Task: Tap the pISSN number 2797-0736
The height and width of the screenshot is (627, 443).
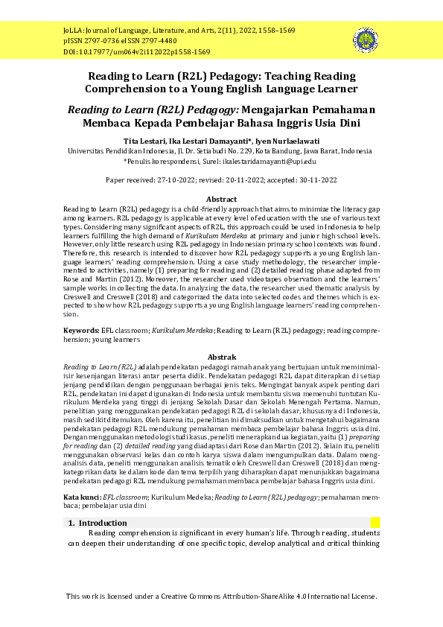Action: click(102, 42)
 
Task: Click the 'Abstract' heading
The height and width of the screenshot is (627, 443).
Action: click(221, 200)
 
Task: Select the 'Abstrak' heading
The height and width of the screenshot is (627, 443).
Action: click(221, 357)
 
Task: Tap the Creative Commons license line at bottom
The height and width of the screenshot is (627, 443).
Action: click(221, 596)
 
